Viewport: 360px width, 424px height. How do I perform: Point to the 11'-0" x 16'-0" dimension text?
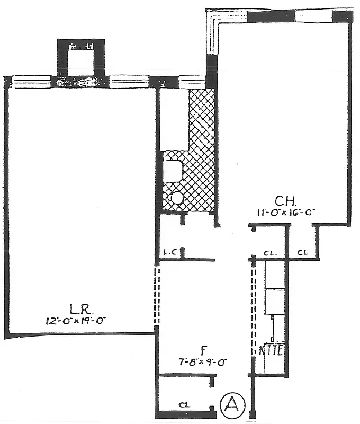point(284,211)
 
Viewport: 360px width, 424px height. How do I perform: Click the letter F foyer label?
point(203,351)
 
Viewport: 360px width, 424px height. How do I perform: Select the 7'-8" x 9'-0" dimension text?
point(203,362)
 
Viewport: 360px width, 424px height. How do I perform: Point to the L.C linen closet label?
point(169,252)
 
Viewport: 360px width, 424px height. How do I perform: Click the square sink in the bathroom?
point(173,171)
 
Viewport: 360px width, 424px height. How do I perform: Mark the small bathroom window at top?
point(188,82)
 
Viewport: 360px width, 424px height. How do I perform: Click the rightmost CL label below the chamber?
point(302,252)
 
